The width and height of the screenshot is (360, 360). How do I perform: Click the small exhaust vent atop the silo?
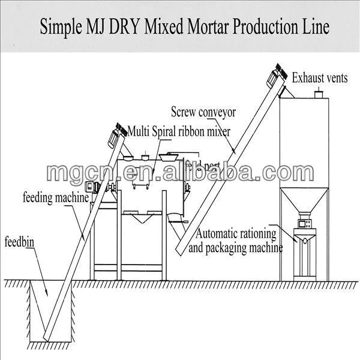(320, 93)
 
